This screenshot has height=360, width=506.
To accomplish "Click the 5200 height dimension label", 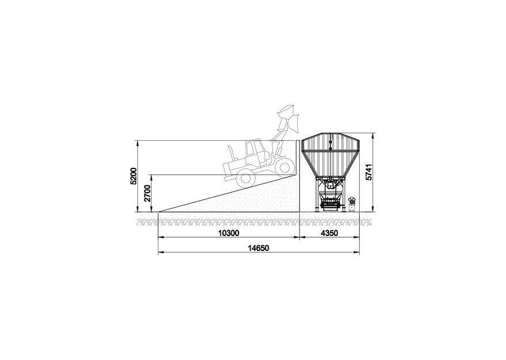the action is (x=134, y=176).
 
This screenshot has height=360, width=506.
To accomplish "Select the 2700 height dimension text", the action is (x=148, y=193).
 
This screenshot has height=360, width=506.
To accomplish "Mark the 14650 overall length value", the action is (x=258, y=248).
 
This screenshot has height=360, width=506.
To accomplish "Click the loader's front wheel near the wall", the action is (x=284, y=167).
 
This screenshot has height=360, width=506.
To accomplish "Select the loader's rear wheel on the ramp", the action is (x=244, y=179).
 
